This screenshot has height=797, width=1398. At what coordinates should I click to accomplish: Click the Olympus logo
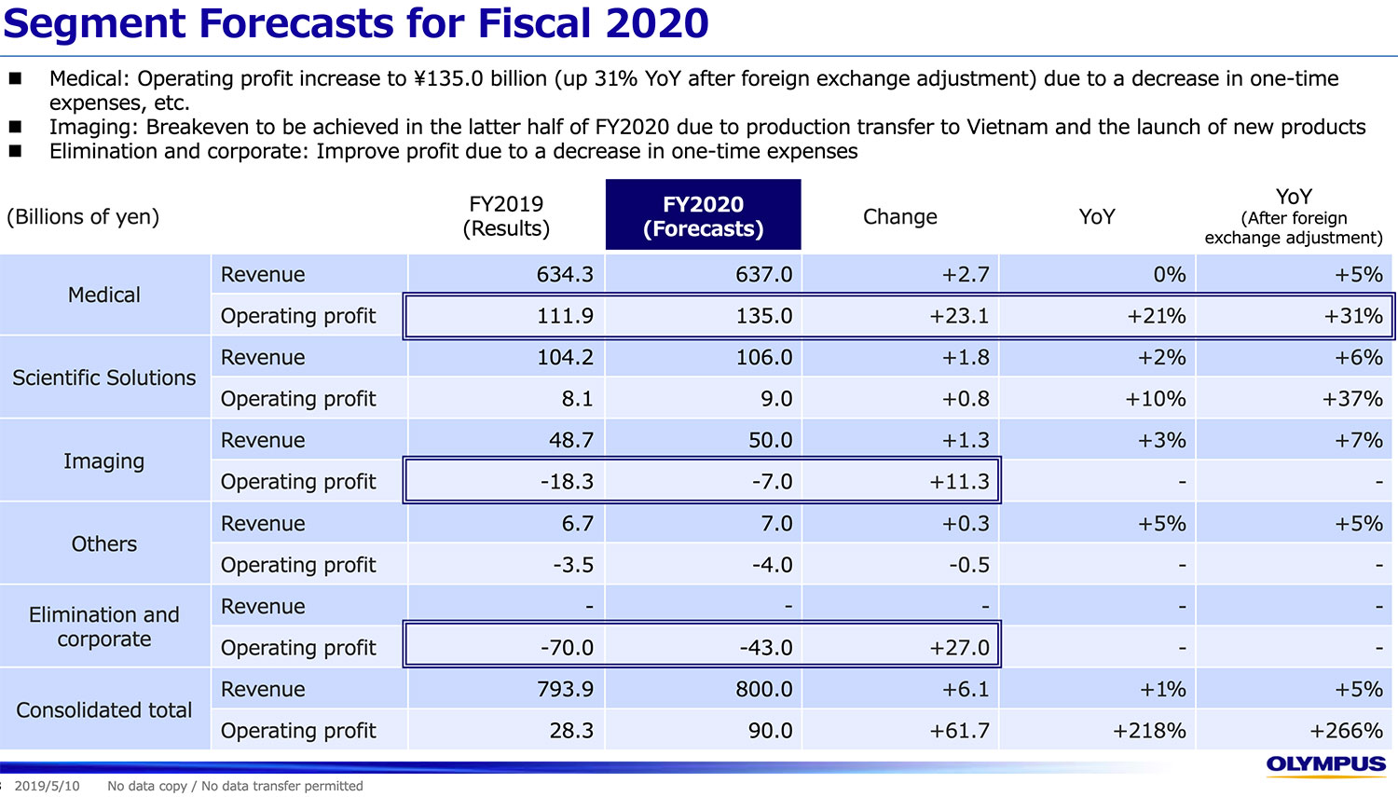(1325, 764)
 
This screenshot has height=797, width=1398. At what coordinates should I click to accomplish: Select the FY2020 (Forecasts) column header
(703, 216)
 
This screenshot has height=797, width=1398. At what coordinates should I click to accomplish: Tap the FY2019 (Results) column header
(506, 216)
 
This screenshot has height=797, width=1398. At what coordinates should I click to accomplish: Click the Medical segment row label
(104, 295)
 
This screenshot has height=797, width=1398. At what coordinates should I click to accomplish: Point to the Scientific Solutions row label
(104, 378)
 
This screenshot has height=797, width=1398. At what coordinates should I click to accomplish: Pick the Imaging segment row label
(104, 461)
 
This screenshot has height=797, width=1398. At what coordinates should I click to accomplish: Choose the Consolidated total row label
(104, 709)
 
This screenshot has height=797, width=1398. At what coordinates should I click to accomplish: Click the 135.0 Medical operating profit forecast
(763, 316)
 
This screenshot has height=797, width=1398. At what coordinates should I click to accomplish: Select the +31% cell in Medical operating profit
(1353, 316)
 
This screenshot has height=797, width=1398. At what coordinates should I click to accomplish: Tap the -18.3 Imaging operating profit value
(567, 482)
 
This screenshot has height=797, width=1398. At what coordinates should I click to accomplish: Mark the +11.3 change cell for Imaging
(959, 482)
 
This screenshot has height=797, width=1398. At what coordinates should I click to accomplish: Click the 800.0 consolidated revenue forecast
(763, 690)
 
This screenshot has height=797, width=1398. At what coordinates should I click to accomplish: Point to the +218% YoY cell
(1149, 731)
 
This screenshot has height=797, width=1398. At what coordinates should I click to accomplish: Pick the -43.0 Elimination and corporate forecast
(765, 648)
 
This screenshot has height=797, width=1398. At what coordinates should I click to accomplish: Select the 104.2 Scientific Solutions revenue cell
(565, 358)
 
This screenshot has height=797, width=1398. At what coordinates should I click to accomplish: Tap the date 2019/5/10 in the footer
(47, 786)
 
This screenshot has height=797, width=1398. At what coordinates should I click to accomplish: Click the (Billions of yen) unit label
(83, 216)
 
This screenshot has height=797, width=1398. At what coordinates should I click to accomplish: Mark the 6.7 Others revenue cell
(577, 524)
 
